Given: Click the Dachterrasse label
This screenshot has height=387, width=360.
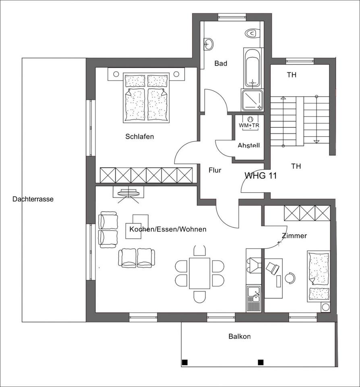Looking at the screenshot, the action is (33, 199).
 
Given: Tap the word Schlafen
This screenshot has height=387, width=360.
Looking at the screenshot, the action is (139, 137).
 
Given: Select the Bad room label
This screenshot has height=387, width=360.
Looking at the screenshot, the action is (221, 63).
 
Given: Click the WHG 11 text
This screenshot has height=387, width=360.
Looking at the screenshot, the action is (261, 176).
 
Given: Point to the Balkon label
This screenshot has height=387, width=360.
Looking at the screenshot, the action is (239, 336).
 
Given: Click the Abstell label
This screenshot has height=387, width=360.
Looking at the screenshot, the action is (248, 146).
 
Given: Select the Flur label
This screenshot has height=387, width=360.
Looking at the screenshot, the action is (215, 170).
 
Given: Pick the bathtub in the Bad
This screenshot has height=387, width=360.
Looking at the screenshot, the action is (252, 69).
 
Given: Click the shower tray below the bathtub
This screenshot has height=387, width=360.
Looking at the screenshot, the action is (252, 100).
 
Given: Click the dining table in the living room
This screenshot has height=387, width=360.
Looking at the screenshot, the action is (199, 273).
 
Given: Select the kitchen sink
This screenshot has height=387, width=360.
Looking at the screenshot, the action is (253, 299).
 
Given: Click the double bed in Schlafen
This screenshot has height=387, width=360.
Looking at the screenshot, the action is (146, 98).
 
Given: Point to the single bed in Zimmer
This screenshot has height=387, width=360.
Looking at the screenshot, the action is (318, 276).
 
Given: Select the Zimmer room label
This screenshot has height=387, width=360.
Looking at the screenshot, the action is (294, 236).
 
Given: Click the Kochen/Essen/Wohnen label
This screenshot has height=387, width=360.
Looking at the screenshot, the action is (168, 229).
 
